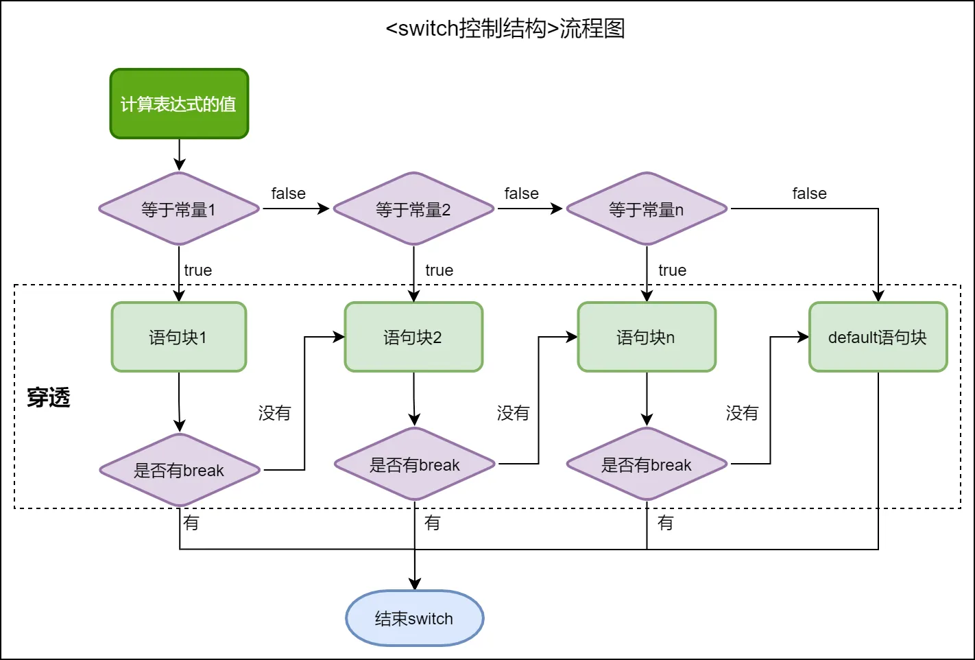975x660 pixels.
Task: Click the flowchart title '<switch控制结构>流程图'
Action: (505, 29)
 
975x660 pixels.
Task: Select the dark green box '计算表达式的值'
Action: (179, 104)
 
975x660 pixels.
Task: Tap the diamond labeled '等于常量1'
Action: (179, 209)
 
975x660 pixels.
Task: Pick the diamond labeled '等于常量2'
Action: (413, 209)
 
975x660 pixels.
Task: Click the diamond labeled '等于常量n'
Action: (647, 209)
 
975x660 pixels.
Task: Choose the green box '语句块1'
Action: (179, 337)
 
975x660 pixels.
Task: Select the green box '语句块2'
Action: (413, 337)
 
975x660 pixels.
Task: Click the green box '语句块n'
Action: (647, 337)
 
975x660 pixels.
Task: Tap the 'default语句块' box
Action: (878, 337)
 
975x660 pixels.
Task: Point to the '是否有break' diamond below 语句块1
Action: (180, 470)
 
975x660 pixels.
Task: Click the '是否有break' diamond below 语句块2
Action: (415, 464)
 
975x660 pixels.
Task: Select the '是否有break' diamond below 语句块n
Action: (647, 464)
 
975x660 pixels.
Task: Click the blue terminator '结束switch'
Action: (414, 618)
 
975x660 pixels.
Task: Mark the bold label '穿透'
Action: (49, 397)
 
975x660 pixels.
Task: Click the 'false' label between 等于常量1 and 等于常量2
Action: (288, 193)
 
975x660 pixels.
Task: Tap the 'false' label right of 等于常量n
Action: (809, 193)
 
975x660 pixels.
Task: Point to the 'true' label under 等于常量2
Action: (439, 270)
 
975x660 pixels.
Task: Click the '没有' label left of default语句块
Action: (742, 413)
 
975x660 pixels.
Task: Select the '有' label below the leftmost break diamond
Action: (191, 523)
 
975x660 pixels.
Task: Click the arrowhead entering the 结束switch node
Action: (415, 584)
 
